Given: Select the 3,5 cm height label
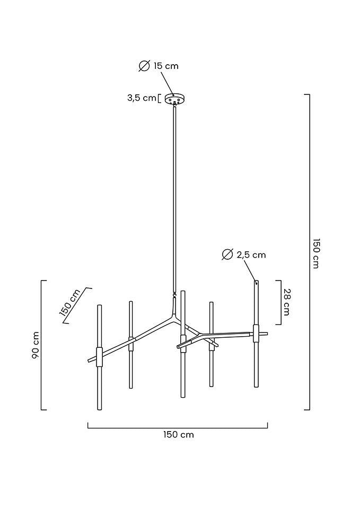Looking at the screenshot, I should [x=142, y=98].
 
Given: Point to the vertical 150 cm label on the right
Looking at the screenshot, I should [x=316, y=253].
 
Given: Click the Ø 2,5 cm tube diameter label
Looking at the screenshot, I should [x=244, y=254].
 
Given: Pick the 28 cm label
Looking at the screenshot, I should [x=287, y=302].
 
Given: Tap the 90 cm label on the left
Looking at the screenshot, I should [x=35, y=345].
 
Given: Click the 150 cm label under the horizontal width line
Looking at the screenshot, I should [x=178, y=435].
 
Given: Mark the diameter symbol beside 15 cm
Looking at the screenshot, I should [x=144, y=66].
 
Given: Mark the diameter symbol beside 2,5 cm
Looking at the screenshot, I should [x=227, y=254].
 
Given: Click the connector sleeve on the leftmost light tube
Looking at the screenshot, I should [x=99, y=356].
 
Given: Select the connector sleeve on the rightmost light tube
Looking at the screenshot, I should [x=257, y=334].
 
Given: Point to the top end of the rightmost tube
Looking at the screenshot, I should [x=257, y=282].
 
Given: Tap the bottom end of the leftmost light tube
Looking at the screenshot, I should [x=99, y=408].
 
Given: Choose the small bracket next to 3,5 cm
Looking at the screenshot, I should [x=160, y=98].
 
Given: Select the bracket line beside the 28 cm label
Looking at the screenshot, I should [x=279, y=302].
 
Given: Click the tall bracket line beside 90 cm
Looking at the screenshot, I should [x=42, y=345].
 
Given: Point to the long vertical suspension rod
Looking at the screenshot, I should [x=174, y=201].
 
